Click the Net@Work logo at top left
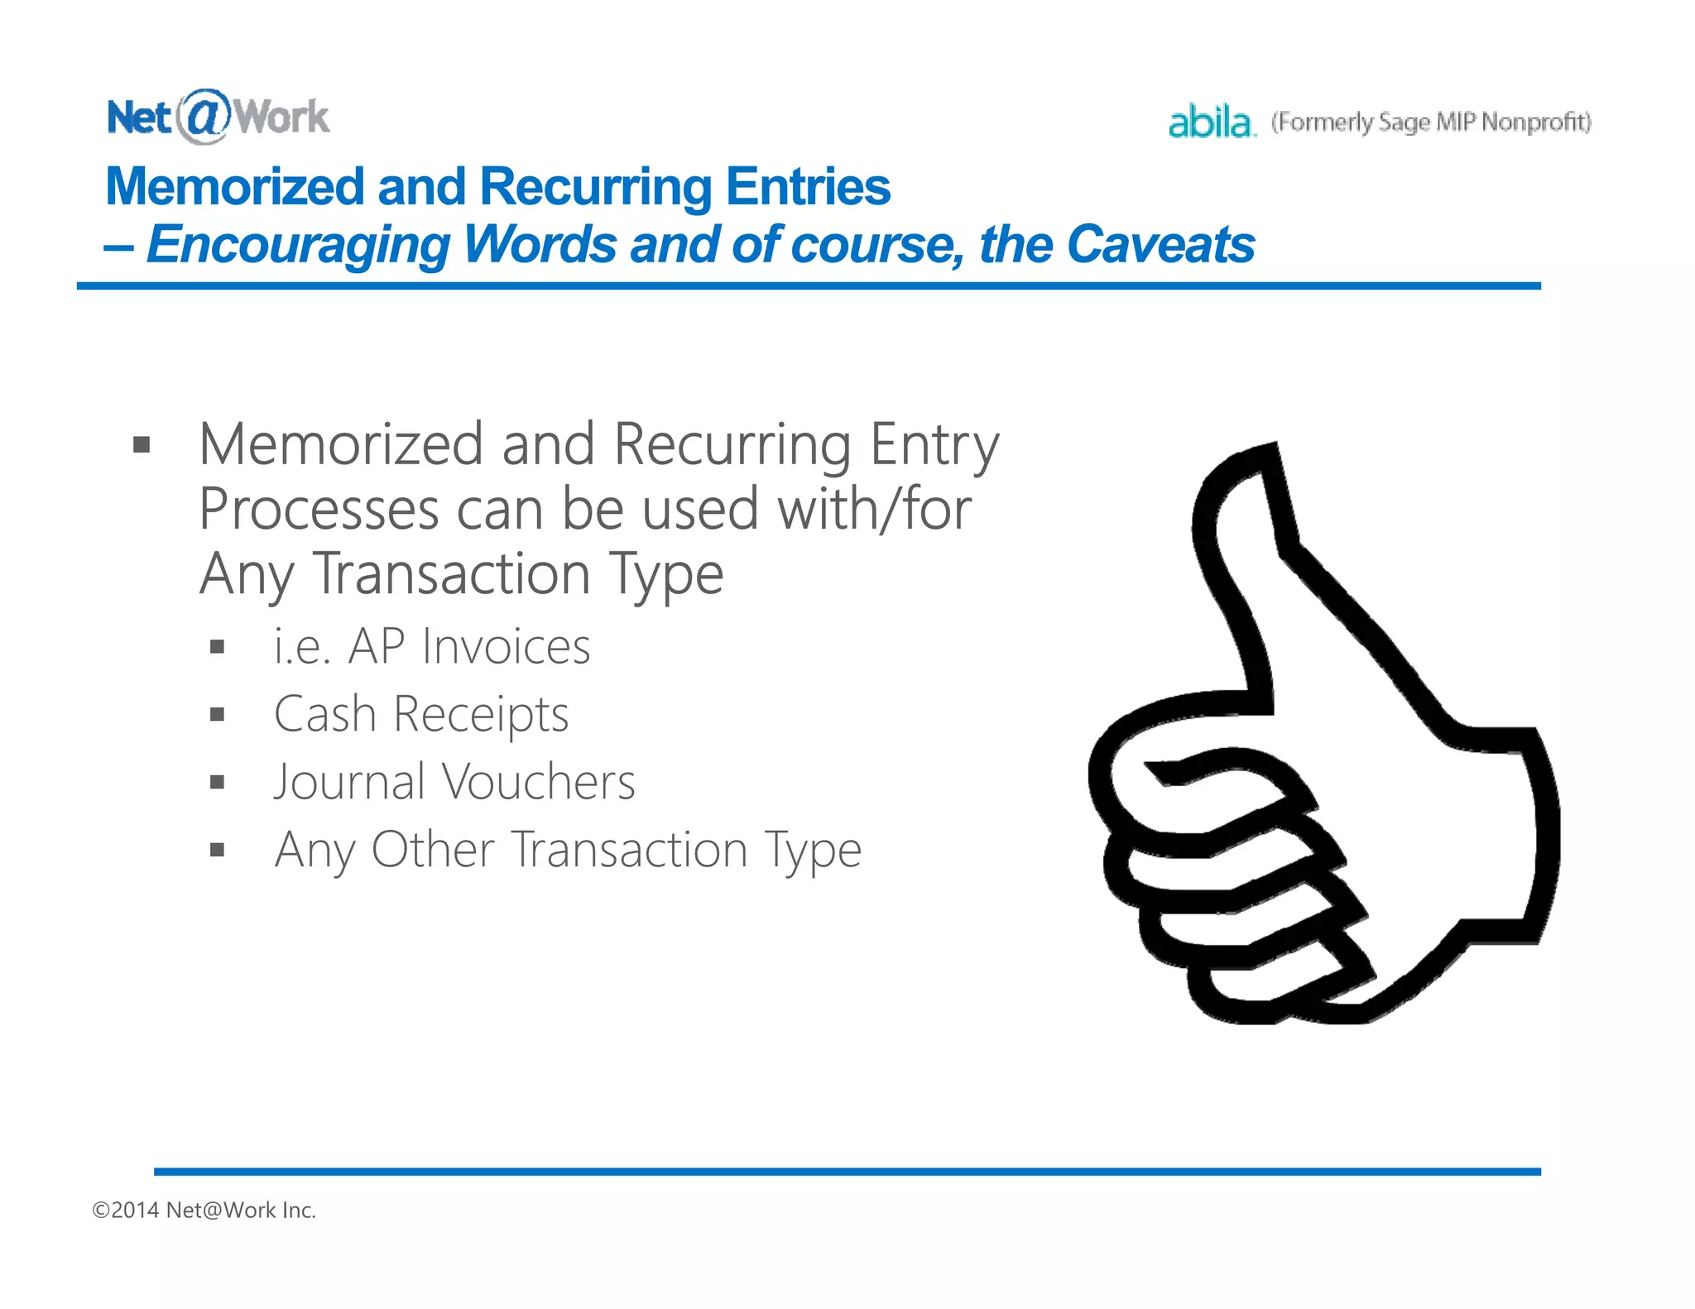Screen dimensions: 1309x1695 pos(218,117)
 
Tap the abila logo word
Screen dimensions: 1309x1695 pos(1210,122)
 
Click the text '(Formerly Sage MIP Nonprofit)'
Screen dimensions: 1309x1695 pos(1431,122)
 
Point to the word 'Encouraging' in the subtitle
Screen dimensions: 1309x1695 pos(299,246)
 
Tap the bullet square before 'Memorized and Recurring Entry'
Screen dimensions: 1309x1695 pos(142,446)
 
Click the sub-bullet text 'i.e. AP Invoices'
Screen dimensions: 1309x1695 pos(432,646)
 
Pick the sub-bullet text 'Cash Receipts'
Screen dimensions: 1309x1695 pos(421,714)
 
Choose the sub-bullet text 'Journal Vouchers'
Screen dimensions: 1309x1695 pos(454,782)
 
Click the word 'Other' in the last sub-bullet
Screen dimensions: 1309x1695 pos(432,850)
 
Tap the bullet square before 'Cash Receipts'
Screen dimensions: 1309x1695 pos(218,714)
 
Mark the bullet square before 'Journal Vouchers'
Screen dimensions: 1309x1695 pos(218,782)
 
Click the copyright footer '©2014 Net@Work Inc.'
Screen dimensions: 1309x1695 pos(204,1211)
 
